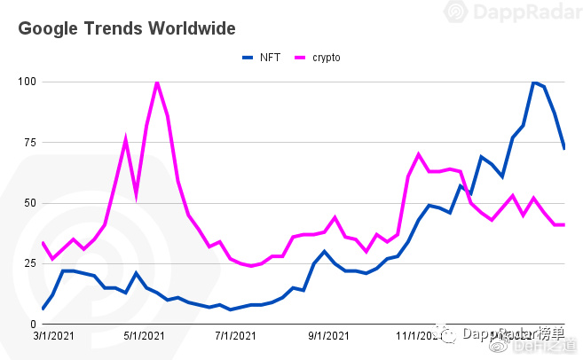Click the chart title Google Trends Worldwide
pyautogui.click(x=127, y=29)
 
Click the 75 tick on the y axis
pyautogui.click(x=27, y=143)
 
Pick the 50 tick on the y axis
pyautogui.click(x=27, y=203)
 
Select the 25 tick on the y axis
pyautogui.click(x=27, y=264)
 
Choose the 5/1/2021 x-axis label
pyautogui.click(x=143, y=336)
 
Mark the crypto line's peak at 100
pyautogui.click(x=157, y=82)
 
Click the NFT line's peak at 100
pyautogui.click(x=534, y=82)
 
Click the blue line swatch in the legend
pyautogui.click(x=248, y=58)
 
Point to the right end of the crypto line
pyautogui.click(x=565, y=224)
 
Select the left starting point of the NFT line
pyautogui.click(x=43, y=309)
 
